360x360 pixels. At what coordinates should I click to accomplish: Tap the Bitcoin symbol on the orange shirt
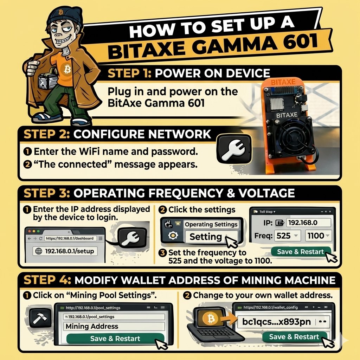click(68, 69)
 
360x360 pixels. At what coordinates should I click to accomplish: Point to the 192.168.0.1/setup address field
click(66, 251)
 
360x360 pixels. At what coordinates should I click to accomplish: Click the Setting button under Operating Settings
click(206, 237)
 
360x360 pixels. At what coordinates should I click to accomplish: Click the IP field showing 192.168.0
click(308, 223)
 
